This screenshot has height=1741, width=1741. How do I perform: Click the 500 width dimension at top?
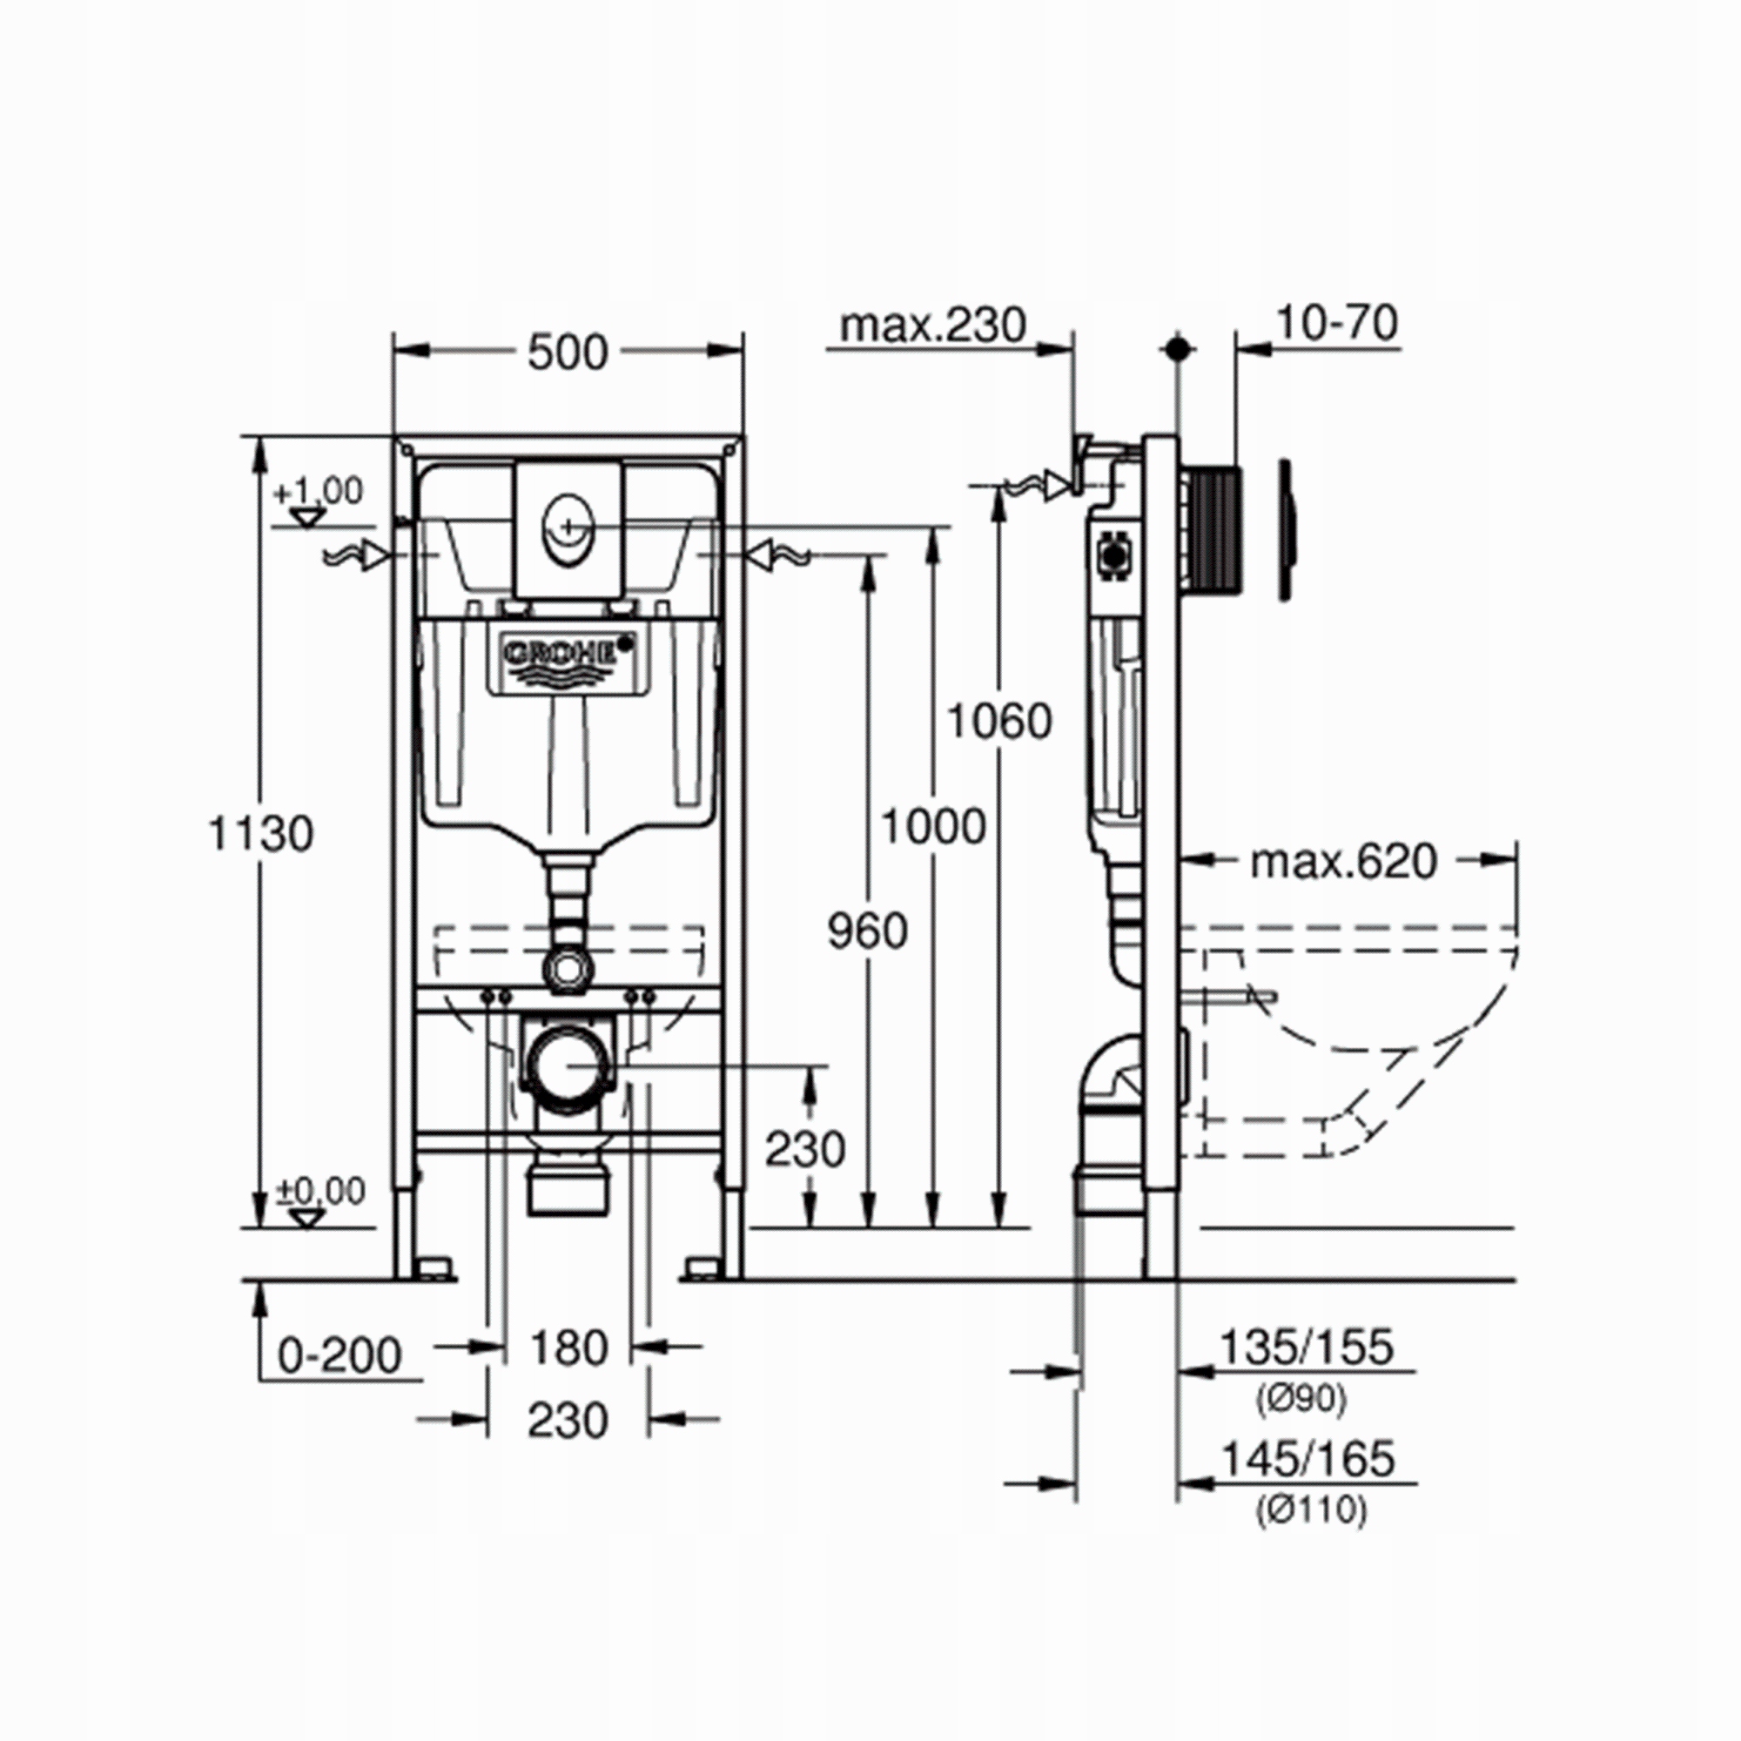tap(568, 353)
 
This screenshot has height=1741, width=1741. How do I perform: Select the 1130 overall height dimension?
tap(261, 834)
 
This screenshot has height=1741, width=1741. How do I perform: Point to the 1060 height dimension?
tap(998, 721)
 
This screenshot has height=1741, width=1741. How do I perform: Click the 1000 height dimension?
tap(932, 826)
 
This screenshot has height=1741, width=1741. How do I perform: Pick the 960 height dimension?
tap(867, 931)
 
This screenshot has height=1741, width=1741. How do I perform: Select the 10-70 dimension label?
tap(1337, 324)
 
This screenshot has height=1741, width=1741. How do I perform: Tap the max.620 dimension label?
tap(1342, 863)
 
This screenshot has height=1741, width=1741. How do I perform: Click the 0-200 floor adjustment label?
tap(339, 1381)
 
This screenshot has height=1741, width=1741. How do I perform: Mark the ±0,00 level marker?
tap(319, 1193)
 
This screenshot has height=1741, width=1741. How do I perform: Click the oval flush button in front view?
tap(568, 539)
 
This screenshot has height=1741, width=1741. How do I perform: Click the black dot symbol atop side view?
tap(1178, 349)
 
